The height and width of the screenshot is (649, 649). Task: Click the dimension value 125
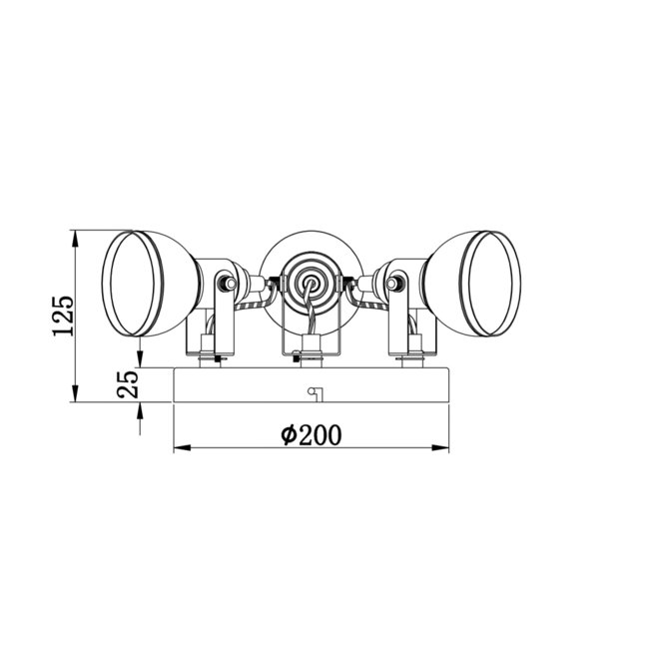[x=63, y=316]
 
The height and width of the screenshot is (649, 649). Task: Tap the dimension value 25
[x=128, y=384]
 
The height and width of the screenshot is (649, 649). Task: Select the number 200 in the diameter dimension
[x=321, y=435]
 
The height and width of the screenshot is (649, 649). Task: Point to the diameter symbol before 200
[x=289, y=434]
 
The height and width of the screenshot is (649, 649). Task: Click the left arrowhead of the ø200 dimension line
[x=182, y=448]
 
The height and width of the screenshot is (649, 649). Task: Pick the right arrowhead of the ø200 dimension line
[x=440, y=448]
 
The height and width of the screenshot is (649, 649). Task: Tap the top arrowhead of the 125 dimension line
[x=75, y=239]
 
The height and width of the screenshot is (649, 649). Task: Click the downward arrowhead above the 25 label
[x=140, y=358]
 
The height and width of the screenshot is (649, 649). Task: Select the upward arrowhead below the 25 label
[x=140, y=411]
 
